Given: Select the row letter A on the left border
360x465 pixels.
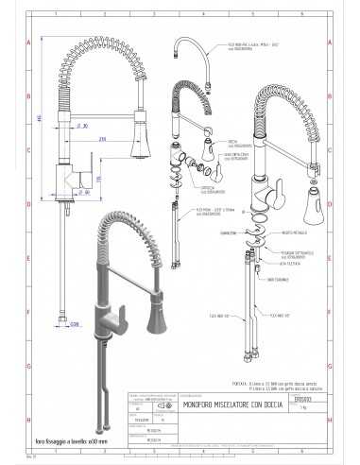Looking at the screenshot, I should point(29,43).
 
